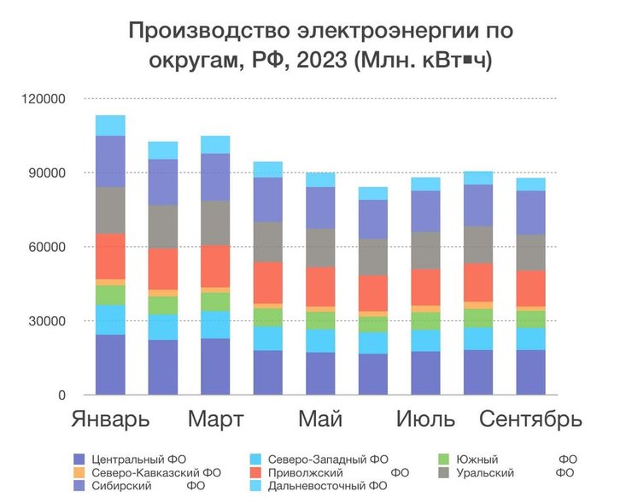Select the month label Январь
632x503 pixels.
point(109,420)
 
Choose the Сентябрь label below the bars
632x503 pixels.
point(530,420)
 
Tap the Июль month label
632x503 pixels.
point(428,420)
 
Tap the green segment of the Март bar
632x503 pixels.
point(215,301)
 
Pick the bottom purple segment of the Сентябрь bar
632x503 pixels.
point(530,372)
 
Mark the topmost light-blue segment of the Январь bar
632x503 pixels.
point(110,126)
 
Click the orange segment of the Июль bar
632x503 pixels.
point(425,309)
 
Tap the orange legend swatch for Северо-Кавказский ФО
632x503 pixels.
point(79,471)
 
